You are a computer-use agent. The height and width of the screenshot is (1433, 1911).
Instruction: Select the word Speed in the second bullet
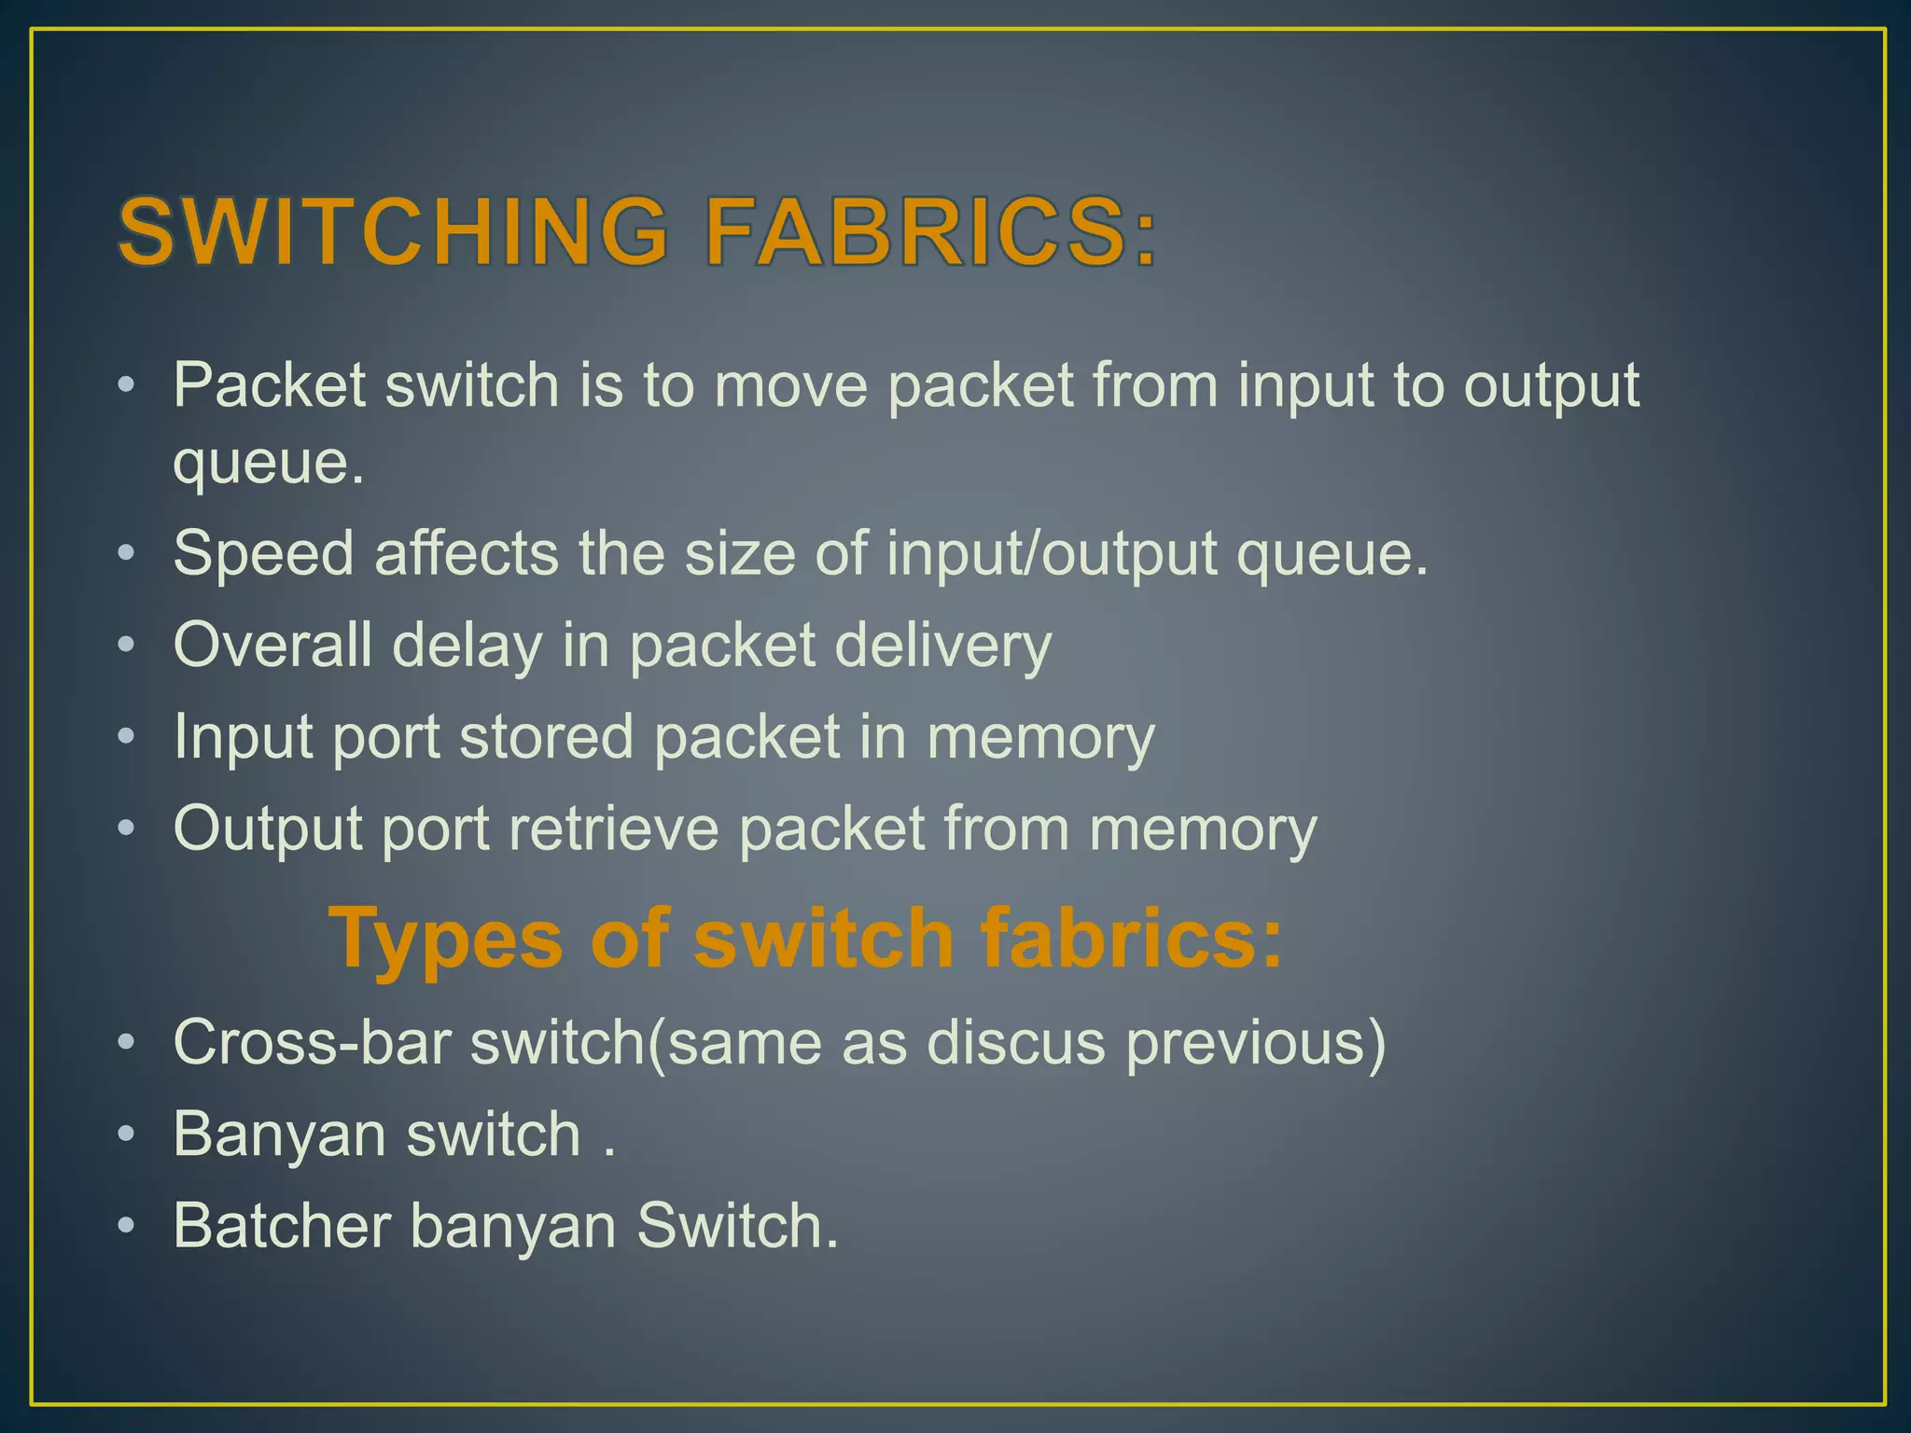(x=263, y=554)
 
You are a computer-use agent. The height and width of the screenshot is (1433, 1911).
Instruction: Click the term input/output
(x=1052, y=554)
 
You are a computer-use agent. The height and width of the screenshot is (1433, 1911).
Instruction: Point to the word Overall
(x=272, y=645)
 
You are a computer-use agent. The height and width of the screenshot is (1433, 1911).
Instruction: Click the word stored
(x=546, y=736)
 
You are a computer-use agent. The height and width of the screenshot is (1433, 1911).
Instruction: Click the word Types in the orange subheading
(x=446, y=939)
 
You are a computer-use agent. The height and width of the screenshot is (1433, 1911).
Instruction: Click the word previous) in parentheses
(x=1256, y=1043)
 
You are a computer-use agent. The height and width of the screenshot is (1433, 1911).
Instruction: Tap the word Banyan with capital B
(x=279, y=1134)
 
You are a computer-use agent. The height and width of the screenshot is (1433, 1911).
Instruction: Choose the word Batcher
(x=282, y=1225)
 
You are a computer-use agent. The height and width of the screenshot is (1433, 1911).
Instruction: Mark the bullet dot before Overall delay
(x=127, y=645)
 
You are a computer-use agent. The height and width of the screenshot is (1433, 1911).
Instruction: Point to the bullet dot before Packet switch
(x=127, y=384)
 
